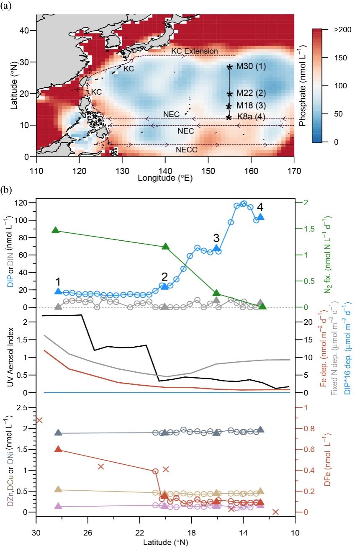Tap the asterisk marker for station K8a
tap(229, 117)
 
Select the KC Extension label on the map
tap(195, 51)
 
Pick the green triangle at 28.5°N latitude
tap(55, 230)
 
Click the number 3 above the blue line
tap(216, 238)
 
